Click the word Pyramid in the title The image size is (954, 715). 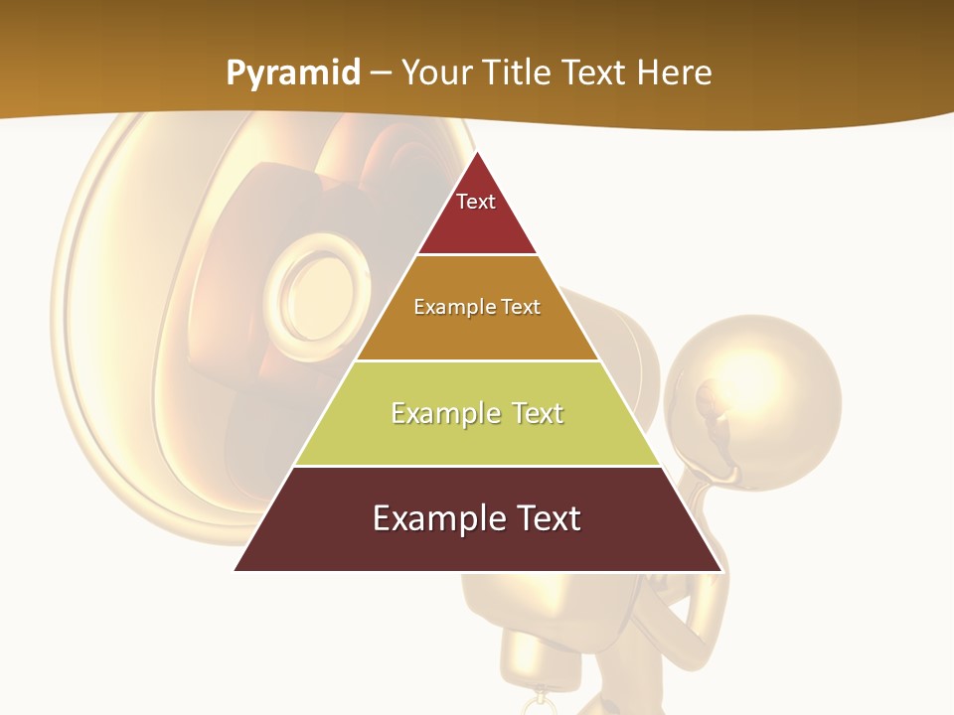(x=292, y=73)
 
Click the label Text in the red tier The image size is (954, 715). (x=476, y=202)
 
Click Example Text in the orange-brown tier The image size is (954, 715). (x=477, y=307)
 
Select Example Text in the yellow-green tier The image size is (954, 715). (x=477, y=413)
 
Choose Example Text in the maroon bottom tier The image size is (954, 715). (x=477, y=518)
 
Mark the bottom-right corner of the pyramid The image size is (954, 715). (x=721, y=570)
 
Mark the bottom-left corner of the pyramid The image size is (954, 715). (x=235, y=570)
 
